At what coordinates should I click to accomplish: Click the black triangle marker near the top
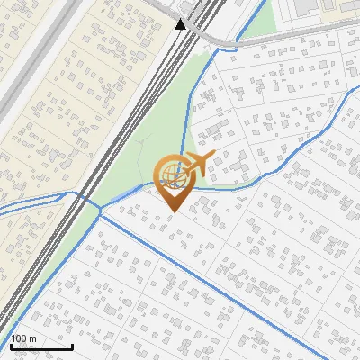pyautogui.click(x=181, y=23)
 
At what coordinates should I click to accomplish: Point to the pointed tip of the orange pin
pyautogui.click(x=172, y=211)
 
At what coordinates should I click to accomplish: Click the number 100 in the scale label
pyautogui.click(x=20, y=338)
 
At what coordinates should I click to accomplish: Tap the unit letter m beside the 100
pyautogui.click(x=33, y=338)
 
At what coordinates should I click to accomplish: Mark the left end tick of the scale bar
pyautogui.click(x=11, y=345)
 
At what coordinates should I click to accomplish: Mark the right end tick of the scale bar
pyautogui.click(x=72, y=345)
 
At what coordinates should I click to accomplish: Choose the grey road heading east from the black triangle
pyautogui.click(x=270, y=36)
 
